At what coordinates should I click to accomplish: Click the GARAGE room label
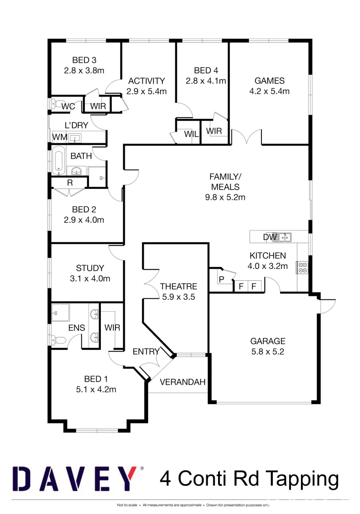tap(268, 341)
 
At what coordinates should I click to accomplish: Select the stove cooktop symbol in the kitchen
tap(302, 267)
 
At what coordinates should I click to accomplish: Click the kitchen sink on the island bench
tap(285, 237)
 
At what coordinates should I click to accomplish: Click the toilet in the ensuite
tap(57, 340)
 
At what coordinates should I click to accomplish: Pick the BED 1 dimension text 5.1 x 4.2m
tap(96, 389)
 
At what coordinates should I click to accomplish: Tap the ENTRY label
tap(146, 351)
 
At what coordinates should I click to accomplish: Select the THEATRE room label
tap(178, 287)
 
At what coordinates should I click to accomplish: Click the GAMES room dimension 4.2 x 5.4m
tap(270, 91)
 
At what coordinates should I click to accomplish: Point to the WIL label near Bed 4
tap(191, 134)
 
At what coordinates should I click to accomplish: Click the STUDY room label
tap(90, 268)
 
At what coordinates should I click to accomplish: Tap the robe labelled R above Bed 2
tap(70, 182)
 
